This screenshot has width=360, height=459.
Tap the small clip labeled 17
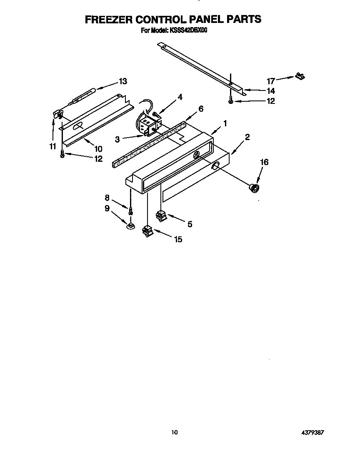click(x=300, y=76)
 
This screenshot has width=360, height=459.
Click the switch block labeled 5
click(x=161, y=216)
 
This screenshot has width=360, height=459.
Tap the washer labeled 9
click(x=130, y=226)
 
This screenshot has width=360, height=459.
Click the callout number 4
click(x=180, y=97)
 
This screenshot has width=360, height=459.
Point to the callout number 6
click(x=201, y=109)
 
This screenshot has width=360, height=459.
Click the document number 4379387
click(x=312, y=433)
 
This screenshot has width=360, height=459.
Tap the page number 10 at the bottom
click(x=175, y=432)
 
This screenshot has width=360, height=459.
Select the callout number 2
click(x=247, y=137)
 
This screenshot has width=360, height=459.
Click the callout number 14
click(x=271, y=91)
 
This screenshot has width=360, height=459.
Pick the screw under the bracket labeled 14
click(x=230, y=100)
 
